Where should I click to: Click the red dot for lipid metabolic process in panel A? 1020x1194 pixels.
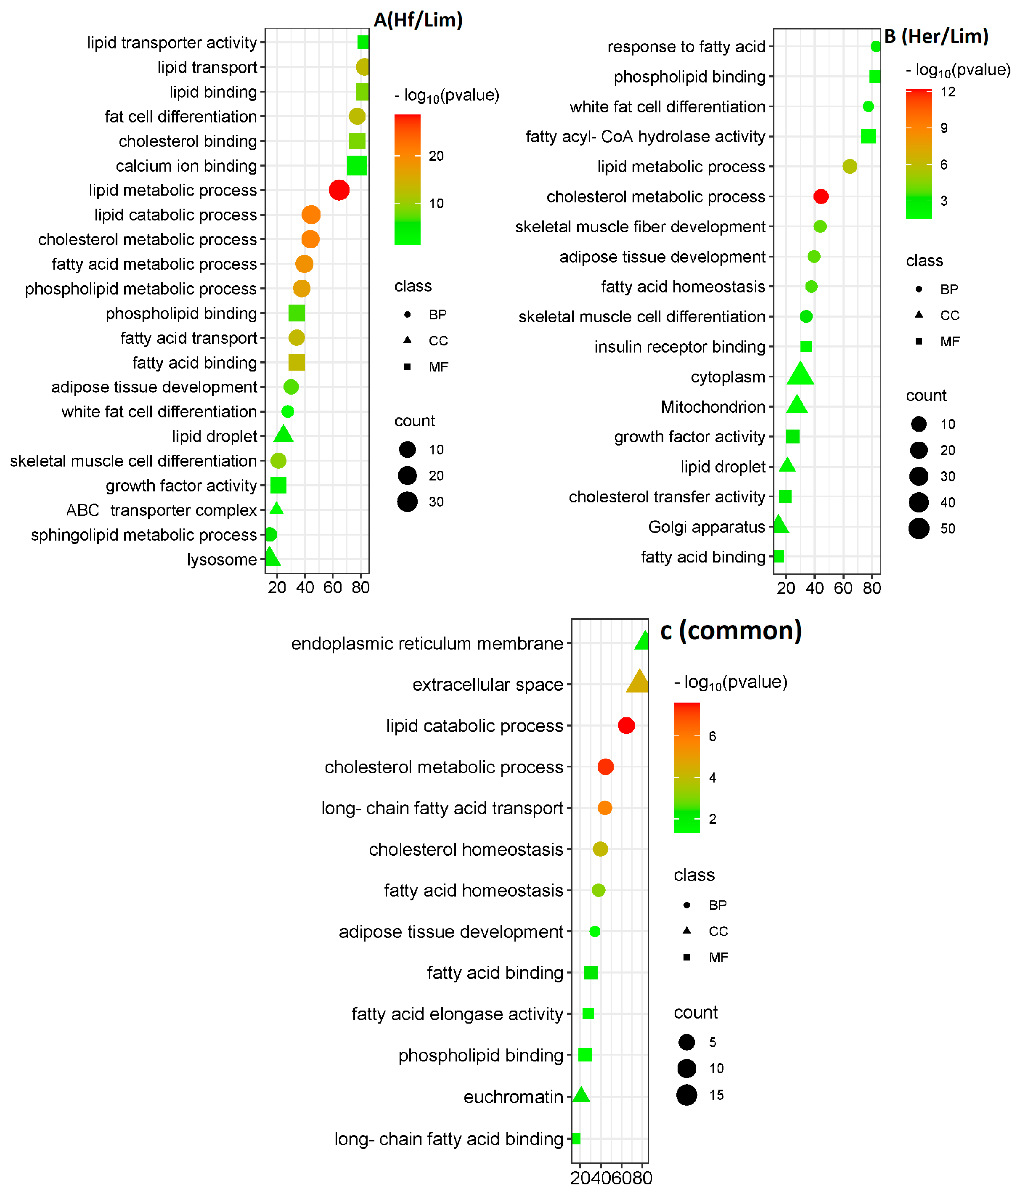click(x=339, y=190)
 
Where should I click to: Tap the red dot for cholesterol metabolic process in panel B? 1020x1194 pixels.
click(x=821, y=196)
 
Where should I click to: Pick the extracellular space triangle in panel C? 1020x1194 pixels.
click(x=638, y=682)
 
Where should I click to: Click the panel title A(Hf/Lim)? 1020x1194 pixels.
click(x=418, y=20)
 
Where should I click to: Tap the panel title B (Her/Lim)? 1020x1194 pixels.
click(x=936, y=36)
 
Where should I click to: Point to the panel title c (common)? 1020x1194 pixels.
click(x=731, y=630)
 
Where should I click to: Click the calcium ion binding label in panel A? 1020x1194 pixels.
click(x=186, y=166)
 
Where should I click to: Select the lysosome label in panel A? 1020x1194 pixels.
click(x=222, y=560)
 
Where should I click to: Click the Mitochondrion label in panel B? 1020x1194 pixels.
click(x=713, y=407)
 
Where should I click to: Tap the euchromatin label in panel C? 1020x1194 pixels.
click(x=513, y=1097)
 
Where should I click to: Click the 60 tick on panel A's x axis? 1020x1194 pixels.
click(x=333, y=587)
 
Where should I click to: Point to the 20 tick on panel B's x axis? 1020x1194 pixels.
click(x=786, y=588)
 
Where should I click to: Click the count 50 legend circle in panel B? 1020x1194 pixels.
click(x=919, y=528)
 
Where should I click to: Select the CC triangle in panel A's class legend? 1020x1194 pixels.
click(x=408, y=340)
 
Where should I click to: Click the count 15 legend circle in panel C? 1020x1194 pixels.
click(x=686, y=1095)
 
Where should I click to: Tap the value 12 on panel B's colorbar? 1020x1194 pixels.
click(x=948, y=92)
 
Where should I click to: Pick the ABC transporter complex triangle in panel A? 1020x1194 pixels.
click(x=277, y=509)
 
